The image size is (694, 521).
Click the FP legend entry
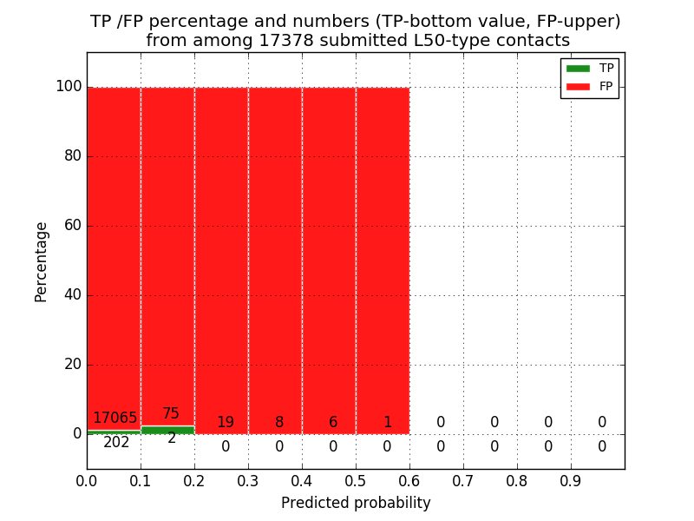590,86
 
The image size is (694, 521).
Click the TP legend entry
590,69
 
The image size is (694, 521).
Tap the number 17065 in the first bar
115,419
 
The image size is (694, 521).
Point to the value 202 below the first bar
116,443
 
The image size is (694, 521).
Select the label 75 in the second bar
171,414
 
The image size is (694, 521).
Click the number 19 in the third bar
226,423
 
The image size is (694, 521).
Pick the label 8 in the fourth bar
279,423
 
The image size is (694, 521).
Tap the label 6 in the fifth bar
333,423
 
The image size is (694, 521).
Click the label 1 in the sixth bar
387,423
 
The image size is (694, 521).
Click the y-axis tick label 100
69,87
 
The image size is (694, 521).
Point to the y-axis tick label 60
72,226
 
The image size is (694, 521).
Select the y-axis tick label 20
72,365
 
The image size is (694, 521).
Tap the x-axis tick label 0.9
571,479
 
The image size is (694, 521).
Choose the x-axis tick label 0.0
87,479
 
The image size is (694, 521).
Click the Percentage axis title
42,261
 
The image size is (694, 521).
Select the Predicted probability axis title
356,503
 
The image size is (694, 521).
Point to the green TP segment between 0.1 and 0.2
167,430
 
